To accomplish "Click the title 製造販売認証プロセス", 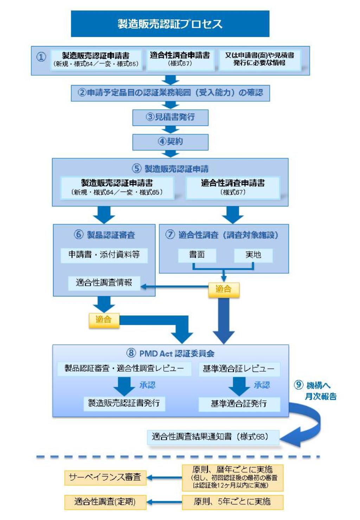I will click(170, 24).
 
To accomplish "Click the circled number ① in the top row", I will click(41, 57).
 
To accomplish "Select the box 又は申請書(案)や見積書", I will click(259, 59).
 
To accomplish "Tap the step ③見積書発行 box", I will click(170, 117).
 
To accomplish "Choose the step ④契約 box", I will click(170, 141).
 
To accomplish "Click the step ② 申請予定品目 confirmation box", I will click(170, 93).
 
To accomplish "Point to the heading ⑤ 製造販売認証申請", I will click(170, 168).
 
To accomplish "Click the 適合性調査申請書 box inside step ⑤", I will click(233, 187).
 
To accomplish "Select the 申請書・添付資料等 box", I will click(104, 255).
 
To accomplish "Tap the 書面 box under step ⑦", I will click(197, 255).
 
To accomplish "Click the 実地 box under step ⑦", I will click(253, 255).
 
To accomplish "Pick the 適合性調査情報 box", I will click(104, 283).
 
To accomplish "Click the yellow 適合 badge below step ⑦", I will click(224, 289).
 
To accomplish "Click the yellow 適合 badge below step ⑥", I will click(104, 320).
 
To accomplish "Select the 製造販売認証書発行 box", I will click(124, 403).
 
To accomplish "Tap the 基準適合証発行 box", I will click(239, 404).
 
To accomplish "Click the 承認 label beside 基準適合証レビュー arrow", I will click(262, 385).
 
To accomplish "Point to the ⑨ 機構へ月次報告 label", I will click(316, 391).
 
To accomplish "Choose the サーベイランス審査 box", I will click(105, 477).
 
